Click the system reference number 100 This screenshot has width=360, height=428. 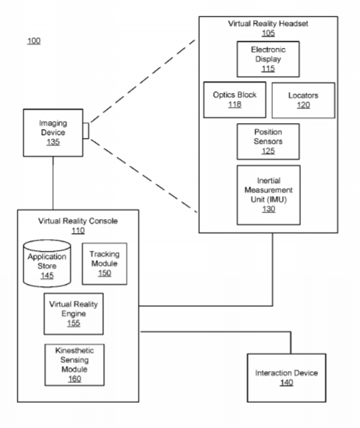point(34,41)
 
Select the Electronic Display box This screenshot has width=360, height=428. point(268,59)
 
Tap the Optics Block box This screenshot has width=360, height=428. point(235,100)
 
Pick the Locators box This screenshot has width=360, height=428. point(303,100)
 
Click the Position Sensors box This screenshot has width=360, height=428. point(268,142)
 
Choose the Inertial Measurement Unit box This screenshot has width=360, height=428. point(269,195)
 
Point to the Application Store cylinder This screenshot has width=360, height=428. point(47,263)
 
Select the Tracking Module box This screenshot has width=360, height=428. point(105,263)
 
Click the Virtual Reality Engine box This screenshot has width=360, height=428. point(74,314)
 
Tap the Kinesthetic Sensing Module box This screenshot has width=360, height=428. point(75,365)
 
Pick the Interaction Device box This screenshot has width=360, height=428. point(286,378)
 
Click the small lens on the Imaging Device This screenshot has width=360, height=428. point(86,131)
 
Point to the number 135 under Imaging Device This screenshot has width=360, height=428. point(53,142)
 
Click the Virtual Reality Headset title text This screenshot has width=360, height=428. point(268,24)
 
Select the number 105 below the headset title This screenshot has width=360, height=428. point(269,33)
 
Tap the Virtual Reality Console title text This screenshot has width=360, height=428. point(78,221)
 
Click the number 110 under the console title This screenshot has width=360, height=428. point(78,231)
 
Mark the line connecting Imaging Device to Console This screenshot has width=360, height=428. point(53,183)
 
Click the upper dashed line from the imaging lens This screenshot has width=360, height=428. point(142,81)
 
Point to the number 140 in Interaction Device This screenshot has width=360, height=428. point(286,382)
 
